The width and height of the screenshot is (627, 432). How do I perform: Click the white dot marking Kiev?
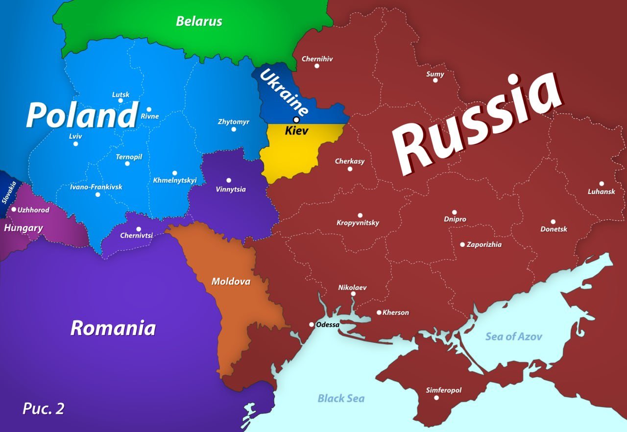[x=296, y=120]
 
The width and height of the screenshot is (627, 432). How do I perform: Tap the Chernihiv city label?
[x=317, y=59]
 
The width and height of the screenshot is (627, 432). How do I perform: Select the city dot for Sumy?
[x=435, y=80]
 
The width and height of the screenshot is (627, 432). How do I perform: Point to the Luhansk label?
[x=601, y=192]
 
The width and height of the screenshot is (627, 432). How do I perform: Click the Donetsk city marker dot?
[x=553, y=221]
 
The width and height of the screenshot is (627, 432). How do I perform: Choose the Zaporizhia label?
[x=484, y=244]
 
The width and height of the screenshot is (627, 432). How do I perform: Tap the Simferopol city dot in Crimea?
[x=436, y=398]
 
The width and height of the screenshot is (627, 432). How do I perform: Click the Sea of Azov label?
[x=513, y=336]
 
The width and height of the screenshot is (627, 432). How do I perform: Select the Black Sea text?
[x=341, y=398]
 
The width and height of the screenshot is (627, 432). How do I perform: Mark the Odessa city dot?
[x=312, y=324]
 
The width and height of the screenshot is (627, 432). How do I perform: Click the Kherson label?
[x=395, y=312]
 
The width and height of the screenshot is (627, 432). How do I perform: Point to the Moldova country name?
[x=231, y=282]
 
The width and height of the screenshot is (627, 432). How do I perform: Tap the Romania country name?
[x=113, y=328]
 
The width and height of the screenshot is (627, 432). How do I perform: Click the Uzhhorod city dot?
[x=14, y=209]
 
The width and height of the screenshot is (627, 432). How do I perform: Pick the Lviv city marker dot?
[x=75, y=144]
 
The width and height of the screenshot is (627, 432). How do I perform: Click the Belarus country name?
[x=199, y=21]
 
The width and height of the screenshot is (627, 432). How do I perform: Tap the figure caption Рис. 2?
[x=43, y=408]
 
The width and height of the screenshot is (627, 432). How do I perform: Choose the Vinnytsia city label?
[x=231, y=189]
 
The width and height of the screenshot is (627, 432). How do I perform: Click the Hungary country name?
[x=24, y=228]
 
